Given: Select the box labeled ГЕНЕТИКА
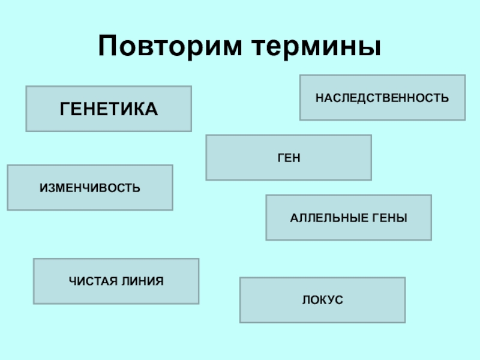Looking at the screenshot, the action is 109,109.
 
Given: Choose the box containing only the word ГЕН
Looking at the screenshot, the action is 289,157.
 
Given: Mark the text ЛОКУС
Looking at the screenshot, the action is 323,299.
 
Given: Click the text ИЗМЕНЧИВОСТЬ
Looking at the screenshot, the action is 90,187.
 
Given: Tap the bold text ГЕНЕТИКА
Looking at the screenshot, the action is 109,109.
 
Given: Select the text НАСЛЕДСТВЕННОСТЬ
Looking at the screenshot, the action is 383,97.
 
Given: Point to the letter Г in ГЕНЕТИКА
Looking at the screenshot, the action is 64,109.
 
